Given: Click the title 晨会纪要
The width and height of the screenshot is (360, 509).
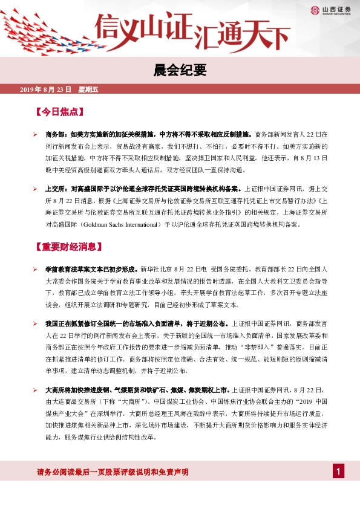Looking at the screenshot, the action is click(180, 71).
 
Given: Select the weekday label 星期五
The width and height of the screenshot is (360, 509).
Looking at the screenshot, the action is click(88, 89).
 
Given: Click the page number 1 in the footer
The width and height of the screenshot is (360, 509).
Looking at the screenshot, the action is click(339, 472).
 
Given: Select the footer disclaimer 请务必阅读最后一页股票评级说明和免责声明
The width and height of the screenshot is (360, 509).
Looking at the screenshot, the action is click(113, 472).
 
